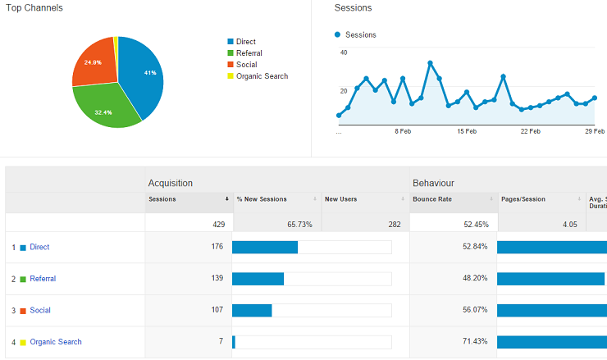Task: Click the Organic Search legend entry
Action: (x=262, y=76)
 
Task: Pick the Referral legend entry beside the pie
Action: (x=249, y=53)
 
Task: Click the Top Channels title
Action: (x=34, y=7)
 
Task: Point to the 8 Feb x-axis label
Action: (x=402, y=131)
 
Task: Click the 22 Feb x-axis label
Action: (x=530, y=131)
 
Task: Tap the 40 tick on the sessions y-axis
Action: (x=343, y=52)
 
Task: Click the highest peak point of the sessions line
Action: (x=431, y=63)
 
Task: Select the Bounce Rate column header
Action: (x=432, y=198)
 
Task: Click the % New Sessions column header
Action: (x=262, y=198)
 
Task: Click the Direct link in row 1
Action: (x=39, y=247)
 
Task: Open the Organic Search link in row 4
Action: (x=56, y=342)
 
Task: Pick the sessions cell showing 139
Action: (x=217, y=279)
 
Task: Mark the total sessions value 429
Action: (x=217, y=224)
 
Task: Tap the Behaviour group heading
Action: (x=433, y=183)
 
